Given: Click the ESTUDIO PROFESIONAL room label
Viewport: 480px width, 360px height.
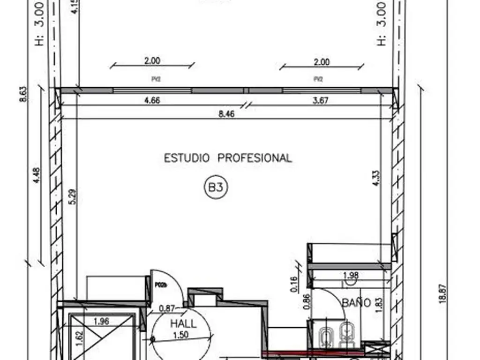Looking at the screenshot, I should point(228,158).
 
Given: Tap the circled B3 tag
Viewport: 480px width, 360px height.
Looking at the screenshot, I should point(216,188).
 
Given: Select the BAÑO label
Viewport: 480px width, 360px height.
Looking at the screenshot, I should point(356,303).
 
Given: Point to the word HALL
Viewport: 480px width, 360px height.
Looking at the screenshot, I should point(183,323).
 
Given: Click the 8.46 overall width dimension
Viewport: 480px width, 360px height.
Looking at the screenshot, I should point(226,113).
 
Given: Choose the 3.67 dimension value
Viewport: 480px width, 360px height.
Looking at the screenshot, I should point(320,100).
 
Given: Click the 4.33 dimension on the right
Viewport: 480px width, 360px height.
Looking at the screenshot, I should point(376,179).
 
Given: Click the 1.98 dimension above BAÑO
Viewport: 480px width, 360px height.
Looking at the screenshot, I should point(351,275).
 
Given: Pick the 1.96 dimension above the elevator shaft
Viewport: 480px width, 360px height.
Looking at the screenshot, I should point(101,322).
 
